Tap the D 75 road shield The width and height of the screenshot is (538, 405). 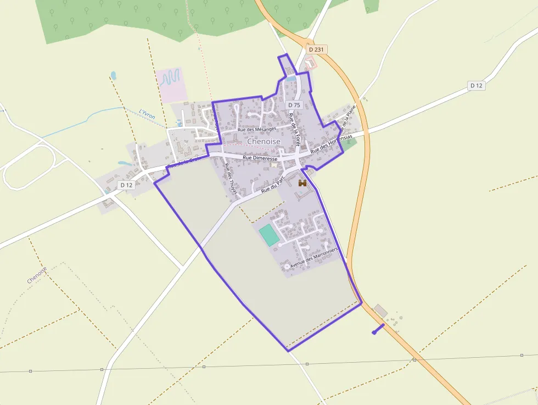pos(294,105)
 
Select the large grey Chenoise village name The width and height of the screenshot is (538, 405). pos(264,141)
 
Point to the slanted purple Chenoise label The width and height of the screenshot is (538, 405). pos(37,275)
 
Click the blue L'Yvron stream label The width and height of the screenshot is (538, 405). pos(147,114)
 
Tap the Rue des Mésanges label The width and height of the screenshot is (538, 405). pos(256,129)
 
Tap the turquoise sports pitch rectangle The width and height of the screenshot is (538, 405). pos(269,235)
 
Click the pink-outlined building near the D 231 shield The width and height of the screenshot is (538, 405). pos(311,63)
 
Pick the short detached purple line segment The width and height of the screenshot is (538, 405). pos(378,329)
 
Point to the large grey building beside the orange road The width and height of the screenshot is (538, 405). pos(380,310)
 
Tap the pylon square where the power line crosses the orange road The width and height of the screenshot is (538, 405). pos(414,360)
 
